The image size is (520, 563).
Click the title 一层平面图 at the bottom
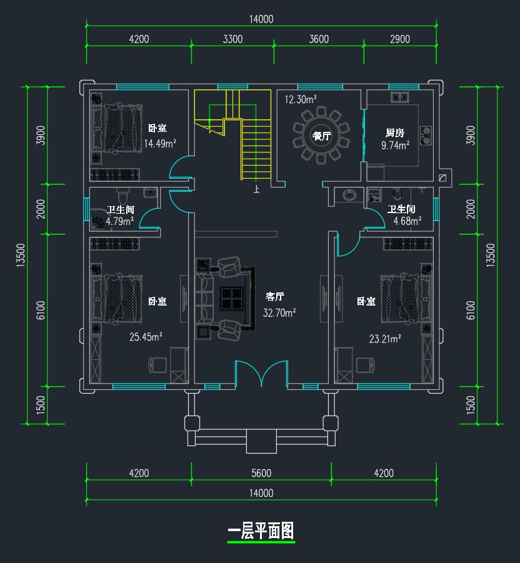tap(261, 531)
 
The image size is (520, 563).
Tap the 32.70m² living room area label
tap(279, 313)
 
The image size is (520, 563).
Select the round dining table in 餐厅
tap(321, 136)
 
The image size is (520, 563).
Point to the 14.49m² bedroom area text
tap(159, 144)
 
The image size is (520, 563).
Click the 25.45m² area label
tap(146, 337)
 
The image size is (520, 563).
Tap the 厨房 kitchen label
tap(395, 132)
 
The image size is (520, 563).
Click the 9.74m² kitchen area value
tap(395, 145)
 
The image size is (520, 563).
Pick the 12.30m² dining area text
tap(301, 99)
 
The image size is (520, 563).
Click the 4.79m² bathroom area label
tap(120, 221)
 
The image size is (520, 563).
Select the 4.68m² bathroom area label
tap(407, 221)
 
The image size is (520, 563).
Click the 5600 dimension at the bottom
tap(261, 473)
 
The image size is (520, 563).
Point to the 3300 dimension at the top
tap(232, 39)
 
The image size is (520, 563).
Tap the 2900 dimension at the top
tap(399, 39)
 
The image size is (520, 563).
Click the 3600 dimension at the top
tap(318, 39)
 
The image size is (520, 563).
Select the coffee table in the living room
tap(232, 297)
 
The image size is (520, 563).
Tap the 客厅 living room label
tap(275, 297)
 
